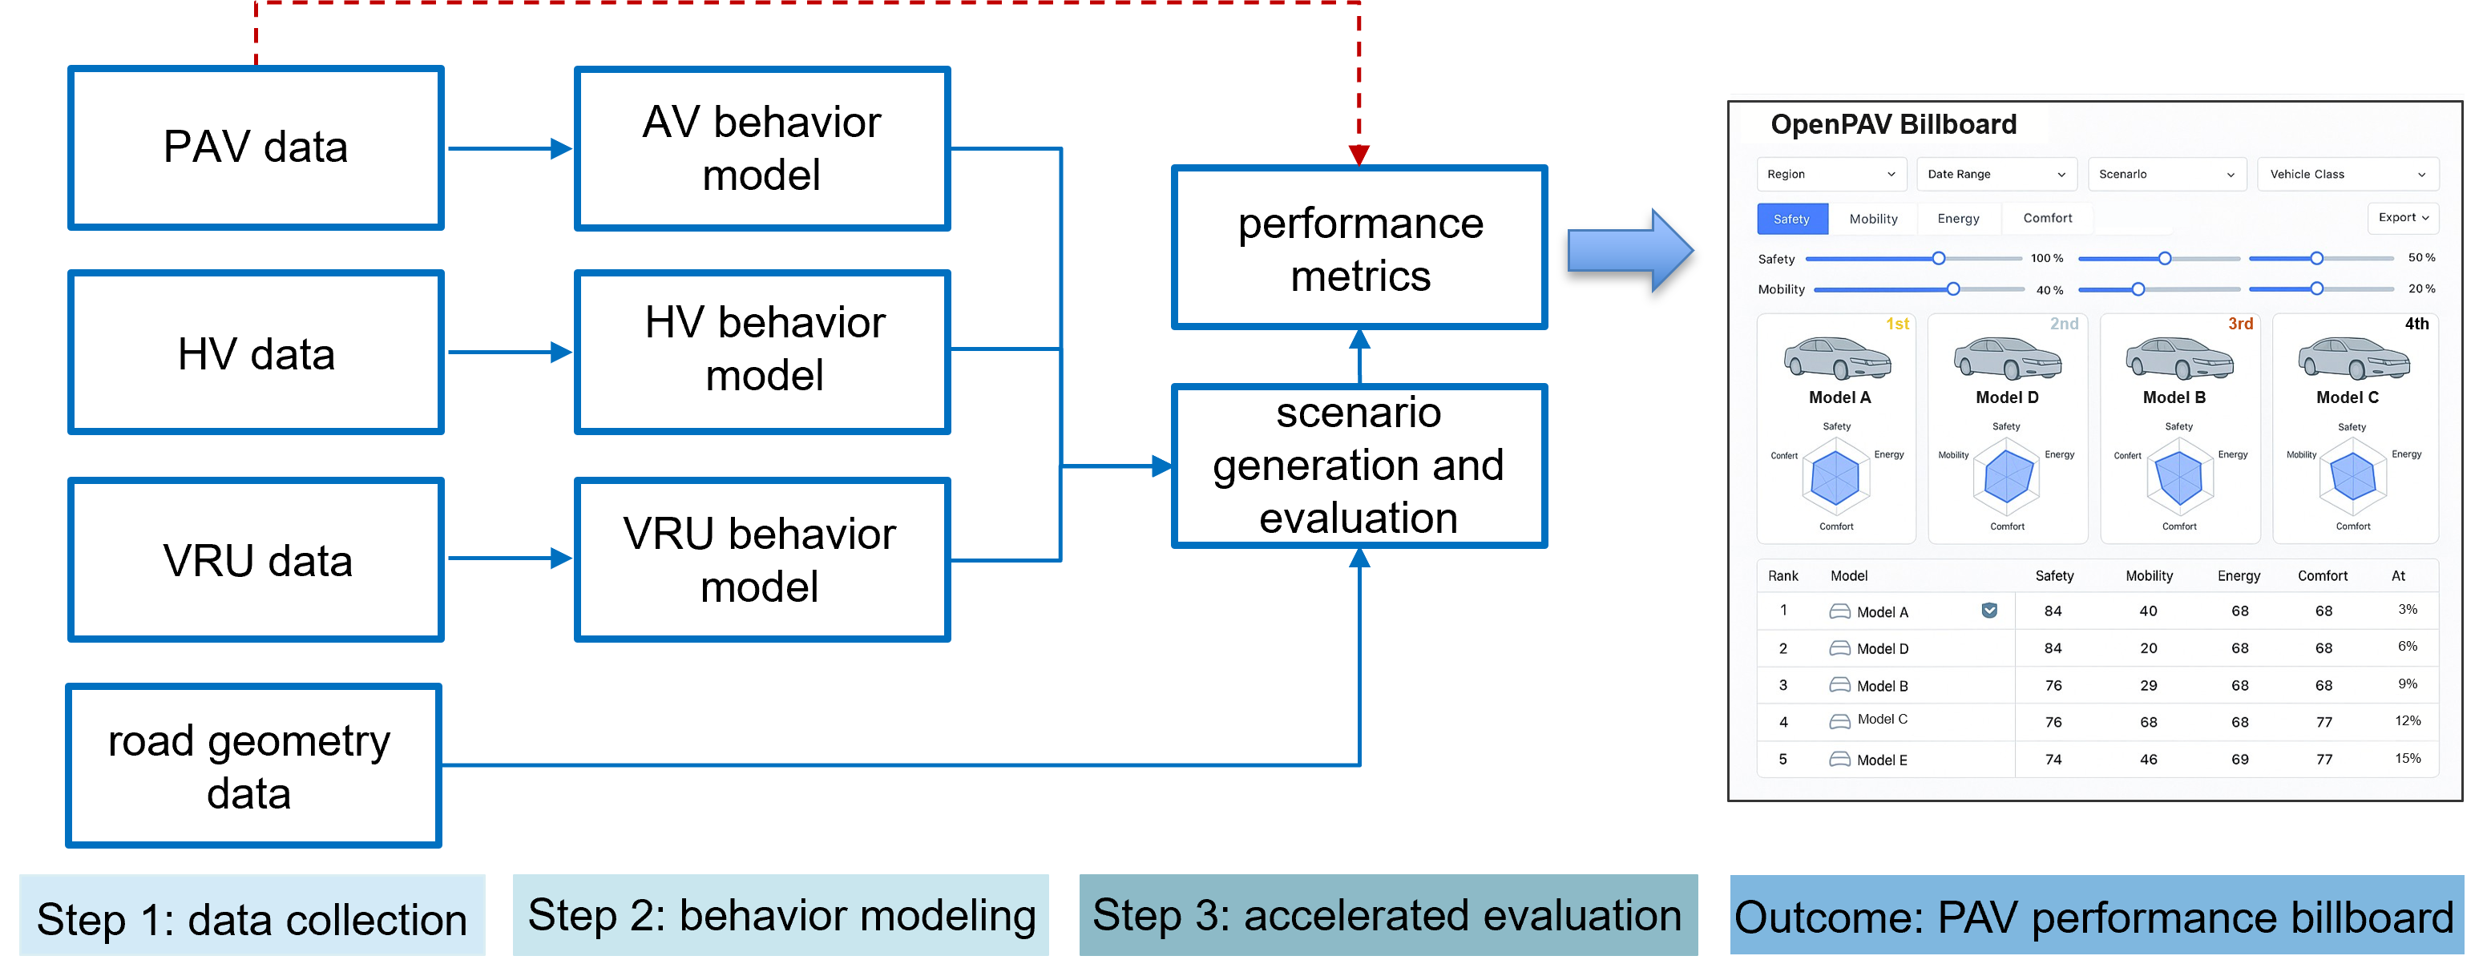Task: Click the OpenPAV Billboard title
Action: pos(1892,124)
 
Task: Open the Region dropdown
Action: pos(1830,175)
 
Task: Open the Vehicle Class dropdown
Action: pos(2346,175)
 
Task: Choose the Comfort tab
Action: pos(2047,218)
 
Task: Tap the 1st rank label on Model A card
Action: pos(1896,325)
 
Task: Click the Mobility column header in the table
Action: pos(2148,576)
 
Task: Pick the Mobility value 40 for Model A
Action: pos(2147,611)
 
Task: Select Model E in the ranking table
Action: pos(1881,760)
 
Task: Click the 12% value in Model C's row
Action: pos(2407,721)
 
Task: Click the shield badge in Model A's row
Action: pos(1988,610)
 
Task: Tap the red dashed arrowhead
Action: pos(1359,155)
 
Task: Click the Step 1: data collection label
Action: pos(252,918)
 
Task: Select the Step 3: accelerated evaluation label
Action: pos(1387,915)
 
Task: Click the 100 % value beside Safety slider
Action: pos(2046,259)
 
